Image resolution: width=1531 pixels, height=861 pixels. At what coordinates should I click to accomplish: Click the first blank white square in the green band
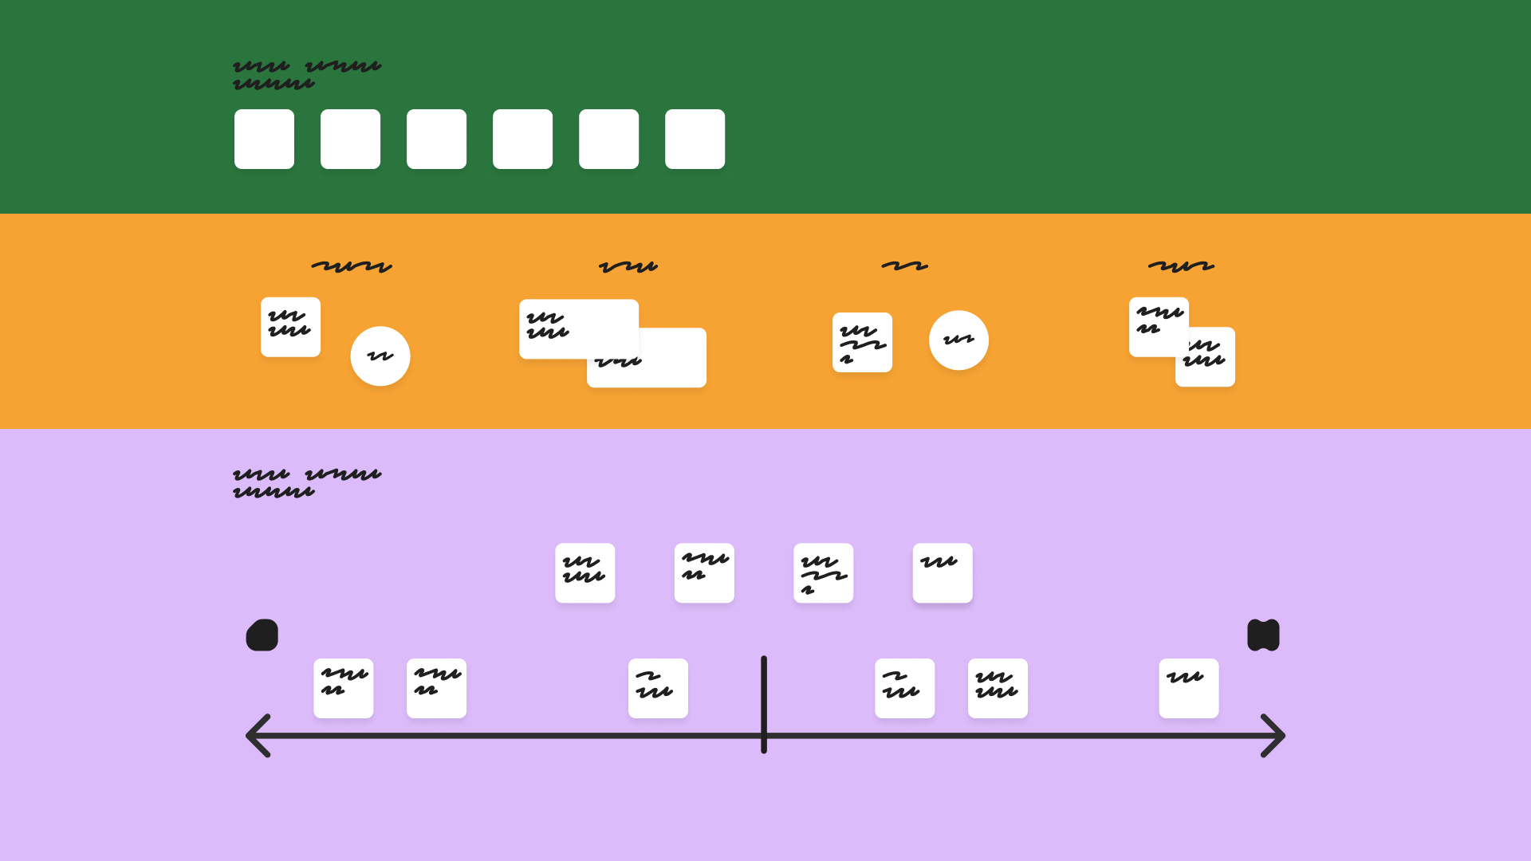tap(264, 139)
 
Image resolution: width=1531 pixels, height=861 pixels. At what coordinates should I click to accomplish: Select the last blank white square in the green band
tap(695, 139)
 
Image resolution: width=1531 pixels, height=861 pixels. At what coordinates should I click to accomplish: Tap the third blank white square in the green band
tap(436, 139)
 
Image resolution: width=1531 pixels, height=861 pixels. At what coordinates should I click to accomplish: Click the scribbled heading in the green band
tap(307, 75)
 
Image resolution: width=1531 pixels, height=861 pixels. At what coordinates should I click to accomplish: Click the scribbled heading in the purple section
tap(307, 483)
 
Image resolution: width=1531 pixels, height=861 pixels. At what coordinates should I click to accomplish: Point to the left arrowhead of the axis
tap(257, 735)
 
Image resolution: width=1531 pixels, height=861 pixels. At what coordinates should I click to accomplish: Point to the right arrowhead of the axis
tap(1274, 735)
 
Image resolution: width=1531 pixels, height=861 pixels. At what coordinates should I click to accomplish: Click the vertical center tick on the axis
tap(764, 703)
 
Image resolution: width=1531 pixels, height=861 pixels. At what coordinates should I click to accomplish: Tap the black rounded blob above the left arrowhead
tap(262, 635)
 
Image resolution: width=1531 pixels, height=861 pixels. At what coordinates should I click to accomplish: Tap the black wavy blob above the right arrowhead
tap(1263, 635)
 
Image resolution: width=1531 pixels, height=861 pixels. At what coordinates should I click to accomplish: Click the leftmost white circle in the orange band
tap(380, 356)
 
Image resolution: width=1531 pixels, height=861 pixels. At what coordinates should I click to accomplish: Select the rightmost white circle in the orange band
tap(958, 340)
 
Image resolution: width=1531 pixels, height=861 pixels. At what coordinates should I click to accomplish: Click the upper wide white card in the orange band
tap(579, 328)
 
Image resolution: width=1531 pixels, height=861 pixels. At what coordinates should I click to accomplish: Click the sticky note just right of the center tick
tap(904, 688)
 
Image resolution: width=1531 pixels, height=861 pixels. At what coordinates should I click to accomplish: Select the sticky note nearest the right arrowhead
tap(1188, 688)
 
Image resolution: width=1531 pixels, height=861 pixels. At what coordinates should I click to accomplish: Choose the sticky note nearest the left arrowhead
tap(344, 688)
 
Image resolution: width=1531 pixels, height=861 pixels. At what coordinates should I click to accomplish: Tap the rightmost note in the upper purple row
tap(943, 573)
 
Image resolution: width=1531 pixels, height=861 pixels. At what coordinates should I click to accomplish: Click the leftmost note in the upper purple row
tap(585, 573)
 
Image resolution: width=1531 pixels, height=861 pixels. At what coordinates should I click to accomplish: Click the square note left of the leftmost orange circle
tap(290, 327)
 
